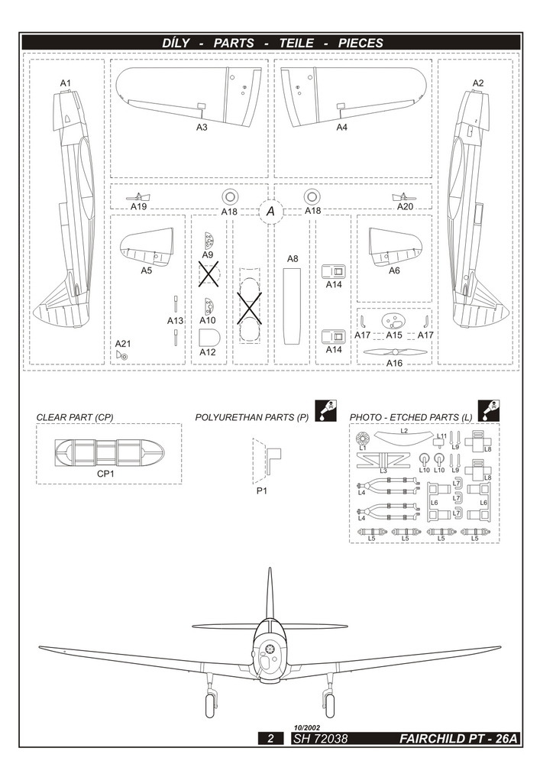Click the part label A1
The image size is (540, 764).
pyautogui.click(x=65, y=83)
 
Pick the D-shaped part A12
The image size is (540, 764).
pyautogui.click(x=209, y=338)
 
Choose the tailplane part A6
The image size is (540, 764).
pyautogui.click(x=394, y=244)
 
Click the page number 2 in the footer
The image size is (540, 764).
pyautogui.click(x=270, y=739)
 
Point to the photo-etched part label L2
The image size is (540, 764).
pyautogui.click(x=404, y=432)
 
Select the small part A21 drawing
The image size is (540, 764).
pyautogui.click(x=122, y=354)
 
